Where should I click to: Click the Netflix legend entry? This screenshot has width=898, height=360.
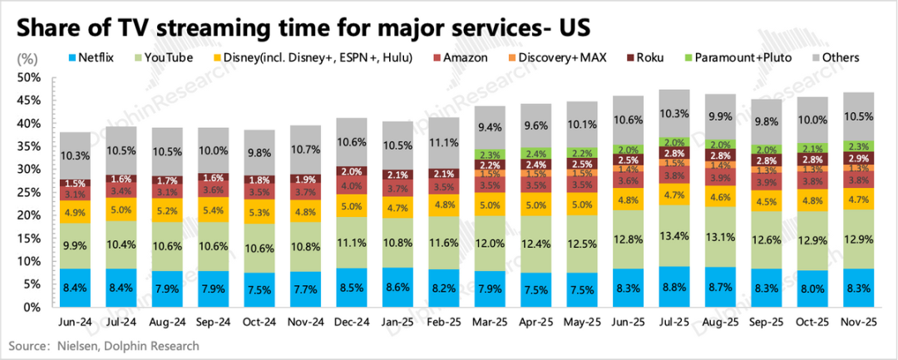[x=90, y=57]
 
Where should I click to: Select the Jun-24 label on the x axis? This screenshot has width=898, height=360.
[x=75, y=322]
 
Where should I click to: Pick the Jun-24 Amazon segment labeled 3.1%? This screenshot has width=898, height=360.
[x=75, y=195]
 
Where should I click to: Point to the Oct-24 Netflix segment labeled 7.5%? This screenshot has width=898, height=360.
[x=258, y=289]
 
